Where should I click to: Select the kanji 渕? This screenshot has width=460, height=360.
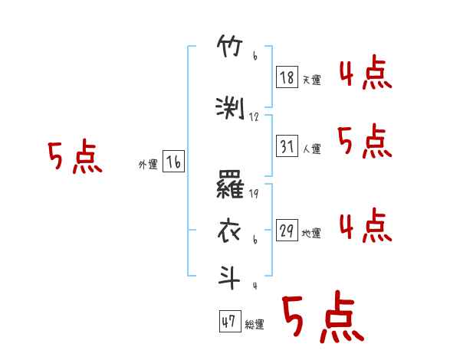coord(231,108)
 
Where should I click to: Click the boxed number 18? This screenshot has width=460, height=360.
coord(287,78)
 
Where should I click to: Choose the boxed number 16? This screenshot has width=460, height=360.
coord(173,162)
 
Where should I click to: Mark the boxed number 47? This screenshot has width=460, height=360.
coord(228,322)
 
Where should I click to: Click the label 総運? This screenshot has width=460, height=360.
coord(254,325)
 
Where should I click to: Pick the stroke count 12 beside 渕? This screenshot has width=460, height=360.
coord(255,116)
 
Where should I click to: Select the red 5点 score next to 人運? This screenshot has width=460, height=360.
coord(365,142)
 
